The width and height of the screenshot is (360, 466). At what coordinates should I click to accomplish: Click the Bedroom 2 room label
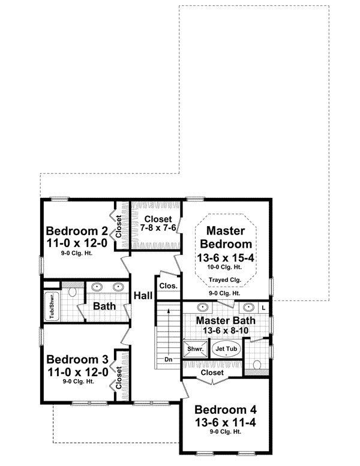pos(77,232)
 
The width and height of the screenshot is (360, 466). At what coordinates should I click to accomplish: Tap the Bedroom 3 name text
pos(77,360)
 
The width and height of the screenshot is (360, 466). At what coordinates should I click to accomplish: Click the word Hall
pos(143,296)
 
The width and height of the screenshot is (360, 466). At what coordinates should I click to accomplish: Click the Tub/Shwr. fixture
pos(52,305)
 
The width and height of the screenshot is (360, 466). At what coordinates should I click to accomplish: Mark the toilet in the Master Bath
pos(258,364)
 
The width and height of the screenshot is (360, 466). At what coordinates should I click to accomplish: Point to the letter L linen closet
pos(263,307)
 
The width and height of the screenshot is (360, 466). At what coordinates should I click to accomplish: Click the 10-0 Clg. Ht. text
pos(226,267)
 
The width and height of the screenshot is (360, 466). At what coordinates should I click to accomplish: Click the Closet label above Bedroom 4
pos(212,372)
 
